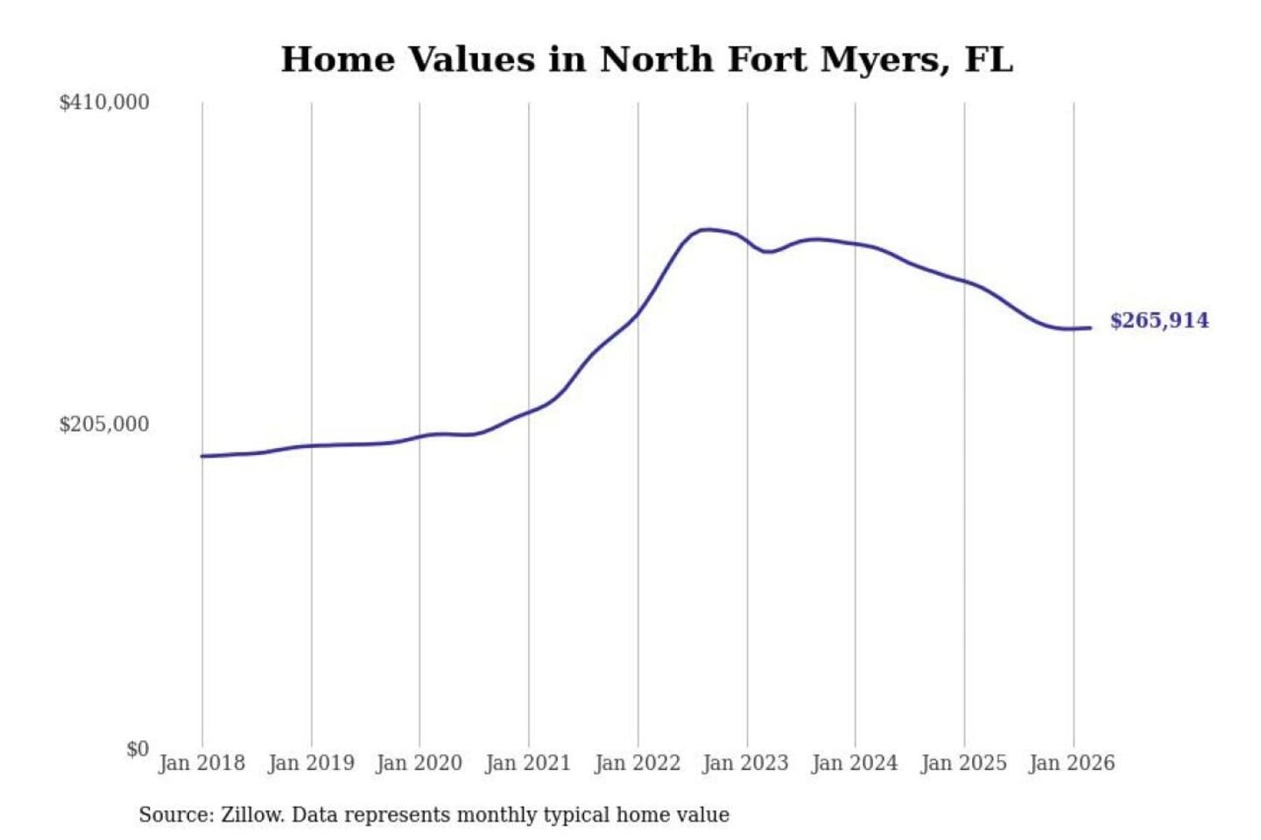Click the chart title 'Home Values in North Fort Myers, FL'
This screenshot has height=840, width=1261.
646,59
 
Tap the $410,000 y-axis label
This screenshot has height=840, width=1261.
104,102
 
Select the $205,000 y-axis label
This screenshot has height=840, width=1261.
104,424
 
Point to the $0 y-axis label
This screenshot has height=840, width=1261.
137,749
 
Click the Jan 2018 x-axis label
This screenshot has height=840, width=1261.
201,763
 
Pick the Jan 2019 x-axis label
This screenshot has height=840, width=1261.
311,763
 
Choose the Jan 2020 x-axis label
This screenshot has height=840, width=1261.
419,763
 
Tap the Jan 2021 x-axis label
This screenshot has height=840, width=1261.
528,763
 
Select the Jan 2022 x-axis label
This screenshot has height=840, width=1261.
638,763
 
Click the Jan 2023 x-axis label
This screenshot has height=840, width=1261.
745,763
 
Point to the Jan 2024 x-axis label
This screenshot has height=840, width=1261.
855,763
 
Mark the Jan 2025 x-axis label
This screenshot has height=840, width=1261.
964,763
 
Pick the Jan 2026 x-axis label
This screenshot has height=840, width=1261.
1072,763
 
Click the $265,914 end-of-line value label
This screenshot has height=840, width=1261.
1159,320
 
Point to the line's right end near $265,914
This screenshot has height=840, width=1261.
1089,328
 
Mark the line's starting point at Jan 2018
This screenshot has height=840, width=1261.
202,456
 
